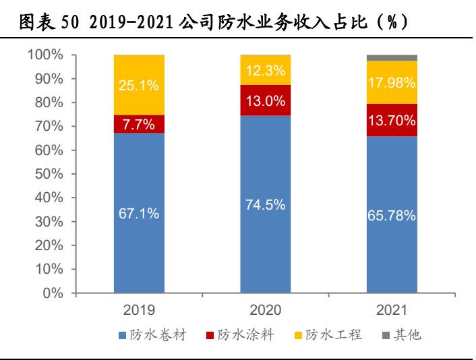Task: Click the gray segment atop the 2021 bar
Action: pyautogui.click(x=392, y=58)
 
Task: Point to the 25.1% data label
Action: pyautogui.click(x=139, y=85)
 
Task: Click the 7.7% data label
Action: pyautogui.click(x=139, y=125)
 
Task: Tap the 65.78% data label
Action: pyautogui.click(x=392, y=216)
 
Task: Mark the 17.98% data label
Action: pyautogui.click(x=392, y=83)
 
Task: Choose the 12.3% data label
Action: pyautogui.click(x=266, y=69)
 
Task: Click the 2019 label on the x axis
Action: pyautogui.click(x=139, y=310)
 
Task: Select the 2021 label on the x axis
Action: pyautogui.click(x=392, y=310)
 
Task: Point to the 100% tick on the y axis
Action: pyautogui.click(x=47, y=55)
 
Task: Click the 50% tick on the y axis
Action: pyautogui.click(x=50, y=174)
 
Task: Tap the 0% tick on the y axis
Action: pyautogui.click(x=54, y=293)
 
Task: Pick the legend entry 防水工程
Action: pyautogui.click(x=328, y=335)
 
